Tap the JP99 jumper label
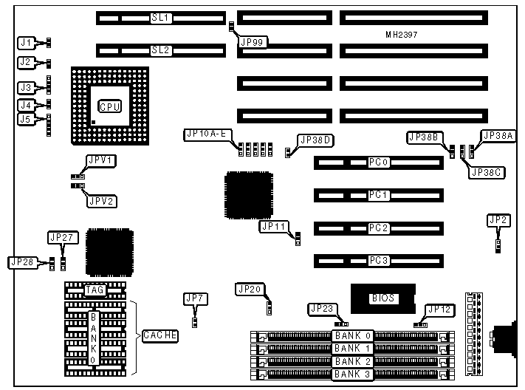click(x=253, y=42)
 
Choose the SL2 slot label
click(x=161, y=50)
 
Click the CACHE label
click(x=159, y=335)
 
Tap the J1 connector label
click(x=27, y=43)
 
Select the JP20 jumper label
click(x=248, y=289)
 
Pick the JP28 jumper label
click(x=21, y=261)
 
